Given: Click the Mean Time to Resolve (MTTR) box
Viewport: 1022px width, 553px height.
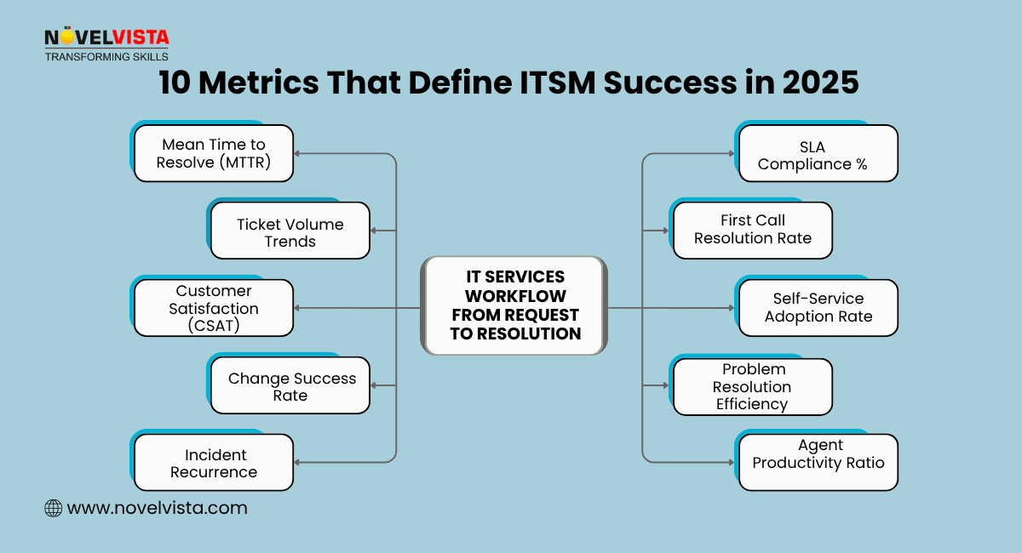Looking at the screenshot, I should pos(213,153).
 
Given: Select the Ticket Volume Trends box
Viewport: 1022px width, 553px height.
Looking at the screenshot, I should pos(290,231).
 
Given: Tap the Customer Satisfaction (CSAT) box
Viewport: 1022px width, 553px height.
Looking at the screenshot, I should pos(213,308).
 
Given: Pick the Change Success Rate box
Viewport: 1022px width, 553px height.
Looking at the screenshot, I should pos(290,385).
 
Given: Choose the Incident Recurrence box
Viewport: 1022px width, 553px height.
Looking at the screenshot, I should pos(213,463).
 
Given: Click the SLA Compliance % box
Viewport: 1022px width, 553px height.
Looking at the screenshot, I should pos(818,153).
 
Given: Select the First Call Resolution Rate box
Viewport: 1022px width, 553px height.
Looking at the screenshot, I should pos(752,230).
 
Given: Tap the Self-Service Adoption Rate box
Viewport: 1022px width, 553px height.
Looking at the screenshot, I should pos(818,307).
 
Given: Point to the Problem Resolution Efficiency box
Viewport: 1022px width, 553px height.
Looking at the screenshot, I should pos(752,386).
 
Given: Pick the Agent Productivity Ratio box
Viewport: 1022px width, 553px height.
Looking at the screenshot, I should pos(818,462).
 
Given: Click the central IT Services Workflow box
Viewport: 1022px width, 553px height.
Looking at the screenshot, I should pos(515,305).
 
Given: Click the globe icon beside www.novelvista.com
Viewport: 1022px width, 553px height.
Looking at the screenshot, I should pos(53,508).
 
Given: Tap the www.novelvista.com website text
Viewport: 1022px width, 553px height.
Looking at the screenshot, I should pos(157,508).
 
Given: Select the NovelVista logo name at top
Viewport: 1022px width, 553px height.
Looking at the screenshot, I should pos(106,37).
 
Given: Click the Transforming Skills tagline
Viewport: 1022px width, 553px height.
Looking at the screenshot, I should pos(106,56).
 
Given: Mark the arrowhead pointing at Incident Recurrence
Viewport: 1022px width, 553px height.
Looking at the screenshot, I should pos(298,462).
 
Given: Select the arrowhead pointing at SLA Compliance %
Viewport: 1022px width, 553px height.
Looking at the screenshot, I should pos(730,153).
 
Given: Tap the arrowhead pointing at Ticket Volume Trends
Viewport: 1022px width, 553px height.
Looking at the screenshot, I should pos(375,231).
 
